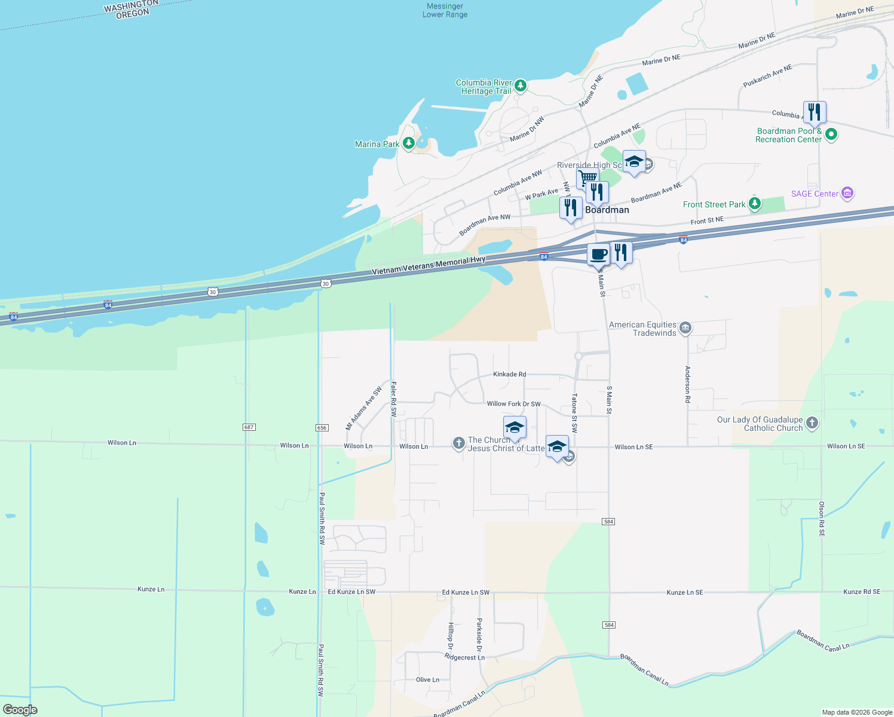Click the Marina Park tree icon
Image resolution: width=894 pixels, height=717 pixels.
click(409, 143)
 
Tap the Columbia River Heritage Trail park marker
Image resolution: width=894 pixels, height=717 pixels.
click(521, 86)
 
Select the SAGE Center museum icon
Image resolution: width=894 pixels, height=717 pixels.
click(847, 193)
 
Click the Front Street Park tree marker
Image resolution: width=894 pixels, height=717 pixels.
click(755, 204)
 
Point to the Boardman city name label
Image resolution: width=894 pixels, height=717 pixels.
click(607, 210)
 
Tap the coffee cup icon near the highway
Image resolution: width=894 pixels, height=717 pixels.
click(598, 255)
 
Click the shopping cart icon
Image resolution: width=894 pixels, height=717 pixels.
click(587, 177)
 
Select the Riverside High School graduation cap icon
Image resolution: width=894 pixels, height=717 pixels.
click(633, 162)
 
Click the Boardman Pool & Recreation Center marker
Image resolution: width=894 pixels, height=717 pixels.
click(831, 135)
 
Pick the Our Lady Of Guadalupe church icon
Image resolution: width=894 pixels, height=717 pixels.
click(812, 423)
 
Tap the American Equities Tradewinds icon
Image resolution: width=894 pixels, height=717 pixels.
click(685, 327)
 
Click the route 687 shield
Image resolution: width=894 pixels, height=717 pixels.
click(249, 427)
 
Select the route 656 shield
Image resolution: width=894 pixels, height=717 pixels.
click(322, 427)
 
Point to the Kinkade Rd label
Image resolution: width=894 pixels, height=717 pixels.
click(509, 375)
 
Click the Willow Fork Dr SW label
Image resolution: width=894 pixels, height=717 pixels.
click(513, 404)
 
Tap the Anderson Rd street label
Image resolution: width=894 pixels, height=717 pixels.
click(688, 384)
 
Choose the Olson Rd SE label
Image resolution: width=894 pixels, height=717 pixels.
click(822, 519)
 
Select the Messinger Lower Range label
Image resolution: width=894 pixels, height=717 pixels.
click(445, 10)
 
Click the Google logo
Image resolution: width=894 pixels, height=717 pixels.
click(20, 710)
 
